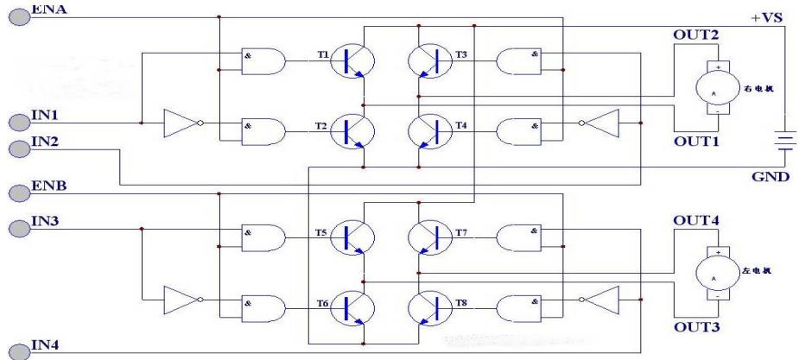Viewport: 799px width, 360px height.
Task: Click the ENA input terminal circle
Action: click(18, 15)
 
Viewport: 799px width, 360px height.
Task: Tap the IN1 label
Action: click(45, 115)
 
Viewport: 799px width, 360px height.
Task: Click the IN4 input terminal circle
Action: click(18, 349)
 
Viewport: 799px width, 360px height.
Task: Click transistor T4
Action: click(428, 130)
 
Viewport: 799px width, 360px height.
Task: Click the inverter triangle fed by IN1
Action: click(183, 123)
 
